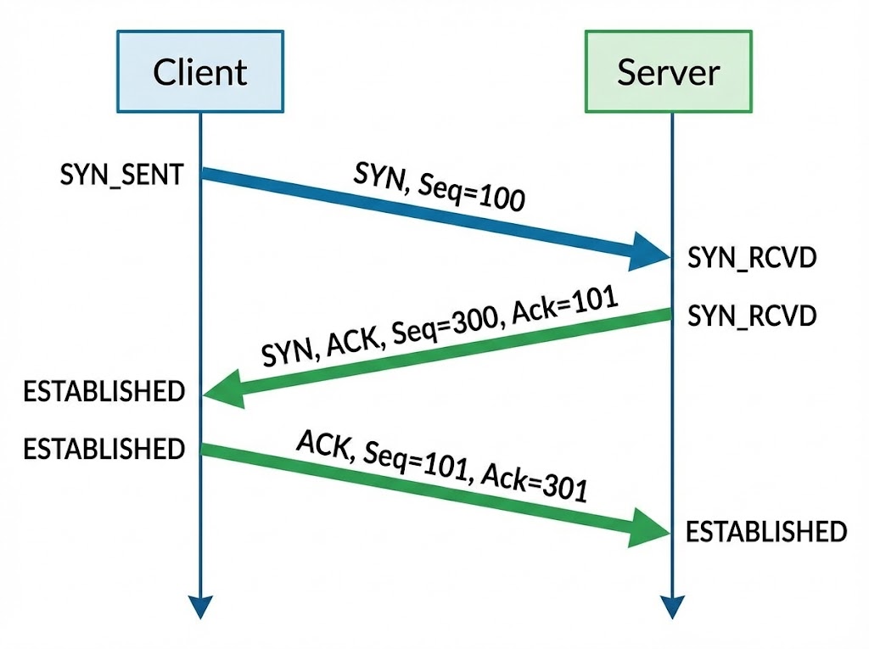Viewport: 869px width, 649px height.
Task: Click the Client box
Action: coord(200,71)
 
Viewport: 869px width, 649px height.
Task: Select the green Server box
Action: coord(668,71)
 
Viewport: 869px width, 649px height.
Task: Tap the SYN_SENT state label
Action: coord(121,176)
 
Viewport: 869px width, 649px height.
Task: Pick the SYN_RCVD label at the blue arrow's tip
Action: coord(752,258)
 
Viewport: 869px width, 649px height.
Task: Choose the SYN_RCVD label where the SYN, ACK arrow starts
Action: coord(752,316)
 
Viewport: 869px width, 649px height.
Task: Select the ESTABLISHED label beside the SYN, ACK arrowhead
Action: coord(104,391)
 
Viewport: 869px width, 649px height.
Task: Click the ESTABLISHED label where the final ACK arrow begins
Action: coord(104,448)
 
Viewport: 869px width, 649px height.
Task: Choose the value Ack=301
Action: coord(534,486)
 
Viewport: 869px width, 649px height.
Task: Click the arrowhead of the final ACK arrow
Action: coord(651,532)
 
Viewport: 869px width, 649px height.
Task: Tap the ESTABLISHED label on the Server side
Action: coord(765,532)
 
